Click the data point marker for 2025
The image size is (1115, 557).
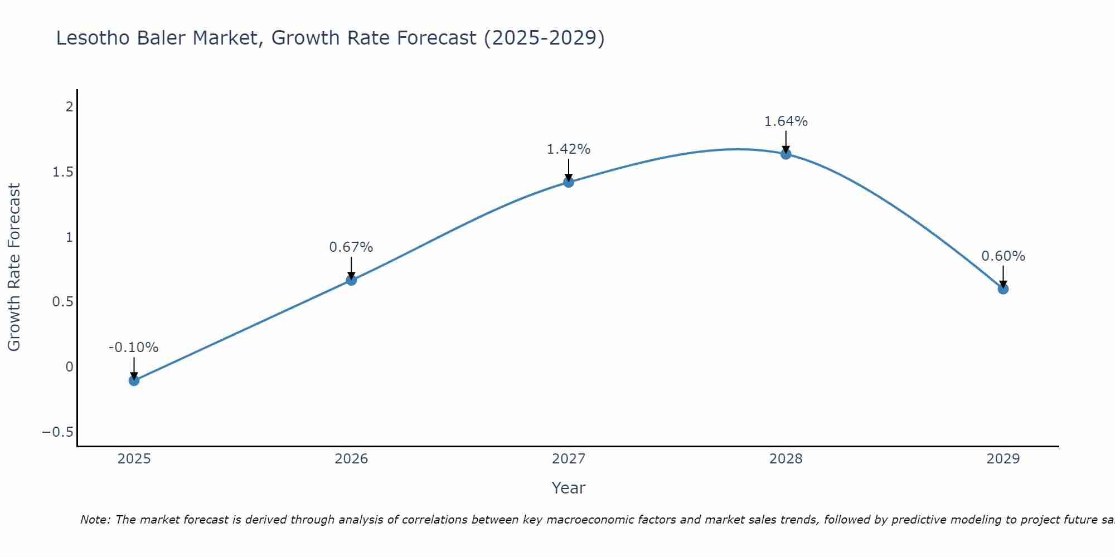point(134,380)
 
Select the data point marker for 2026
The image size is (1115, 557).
point(351,280)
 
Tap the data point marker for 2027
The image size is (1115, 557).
point(569,182)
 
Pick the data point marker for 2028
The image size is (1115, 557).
point(786,154)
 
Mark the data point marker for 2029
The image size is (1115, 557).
point(1003,289)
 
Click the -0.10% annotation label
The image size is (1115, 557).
point(134,348)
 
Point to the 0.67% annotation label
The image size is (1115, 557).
point(351,247)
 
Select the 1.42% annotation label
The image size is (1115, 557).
point(569,149)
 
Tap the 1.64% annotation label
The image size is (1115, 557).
point(786,121)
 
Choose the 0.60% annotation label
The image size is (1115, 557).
point(1003,256)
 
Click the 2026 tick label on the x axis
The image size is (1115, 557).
point(351,459)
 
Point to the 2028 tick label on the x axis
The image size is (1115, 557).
point(786,459)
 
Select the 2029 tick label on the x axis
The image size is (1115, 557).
point(1003,459)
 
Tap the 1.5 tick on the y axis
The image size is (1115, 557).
point(63,172)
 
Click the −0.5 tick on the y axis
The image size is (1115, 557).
point(58,432)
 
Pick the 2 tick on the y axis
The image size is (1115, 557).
point(69,107)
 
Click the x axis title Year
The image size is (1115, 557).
point(569,488)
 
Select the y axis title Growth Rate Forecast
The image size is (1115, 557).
point(14,267)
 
